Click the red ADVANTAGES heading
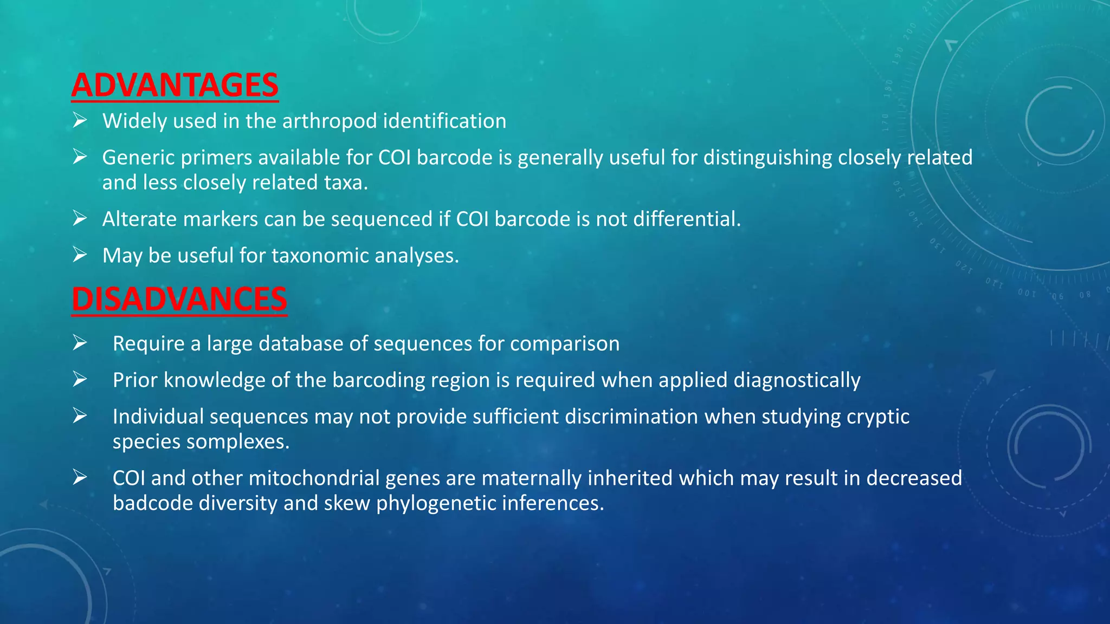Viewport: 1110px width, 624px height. pyautogui.click(x=175, y=86)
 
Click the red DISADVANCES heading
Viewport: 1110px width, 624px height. pyautogui.click(x=179, y=299)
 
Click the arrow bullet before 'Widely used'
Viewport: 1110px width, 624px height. pyautogui.click(x=80, y=120)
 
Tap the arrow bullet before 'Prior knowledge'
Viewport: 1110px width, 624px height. pyautogui.click(x=80, y=379)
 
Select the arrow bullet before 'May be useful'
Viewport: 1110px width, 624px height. pyautogui.click(x=80, y=255)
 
